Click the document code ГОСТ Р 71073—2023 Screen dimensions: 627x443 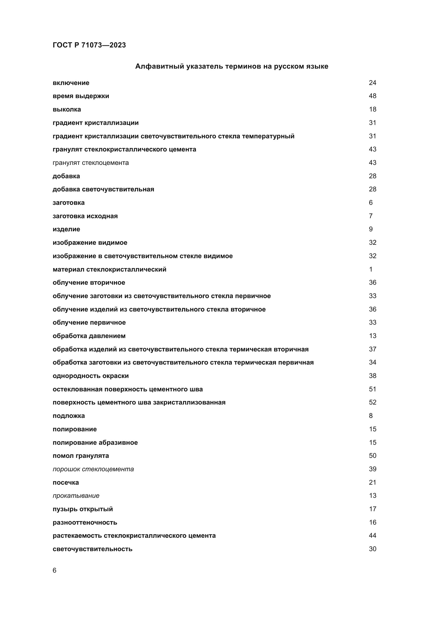point(89,45)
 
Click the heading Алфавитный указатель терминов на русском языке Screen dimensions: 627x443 point(232,66)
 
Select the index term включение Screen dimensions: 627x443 point(71,83)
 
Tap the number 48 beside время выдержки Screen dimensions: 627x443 point(372,96)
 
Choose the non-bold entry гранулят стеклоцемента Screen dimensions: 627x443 point(91,163)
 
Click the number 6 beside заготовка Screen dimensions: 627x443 point(371,202)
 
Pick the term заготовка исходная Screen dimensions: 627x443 point(85,216)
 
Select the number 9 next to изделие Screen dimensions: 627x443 point(371,229)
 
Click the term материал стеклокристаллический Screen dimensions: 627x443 point(109,269)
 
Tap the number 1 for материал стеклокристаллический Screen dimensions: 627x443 point(371,269)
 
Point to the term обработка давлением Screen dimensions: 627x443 point(89,336)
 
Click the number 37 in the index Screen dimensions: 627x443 point(372,349)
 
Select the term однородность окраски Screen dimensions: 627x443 point(91,376)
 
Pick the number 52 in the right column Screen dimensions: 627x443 point(372,402)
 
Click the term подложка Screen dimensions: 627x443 point(69,416)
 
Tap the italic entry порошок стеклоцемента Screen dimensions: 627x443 point(93,469)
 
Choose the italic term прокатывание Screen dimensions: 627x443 point(76,496)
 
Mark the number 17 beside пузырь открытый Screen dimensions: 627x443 point(372,509)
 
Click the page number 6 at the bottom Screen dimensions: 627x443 point(55,570)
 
